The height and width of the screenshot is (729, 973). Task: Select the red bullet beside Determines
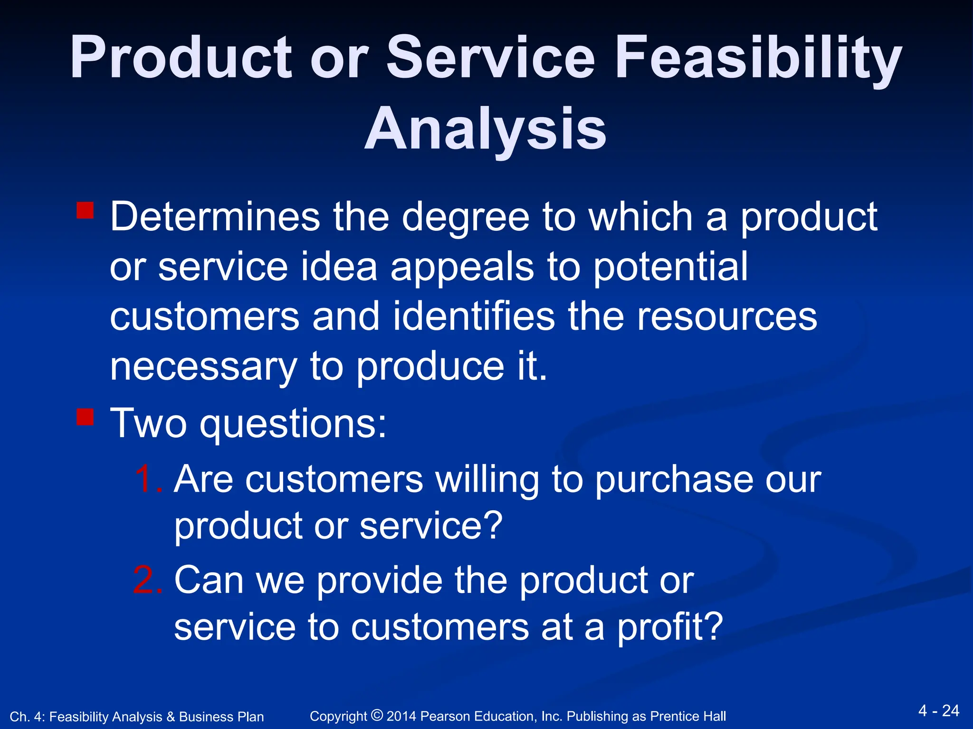point(85,210)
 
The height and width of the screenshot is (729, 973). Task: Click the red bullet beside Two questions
point(85,416)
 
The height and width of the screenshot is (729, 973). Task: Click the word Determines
point(215,217)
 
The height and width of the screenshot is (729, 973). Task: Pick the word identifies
point(474,317)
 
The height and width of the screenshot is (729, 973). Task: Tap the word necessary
point(203,368)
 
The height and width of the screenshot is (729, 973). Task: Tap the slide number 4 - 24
point(939,710)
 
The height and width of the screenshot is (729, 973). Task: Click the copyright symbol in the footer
point(377,715)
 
